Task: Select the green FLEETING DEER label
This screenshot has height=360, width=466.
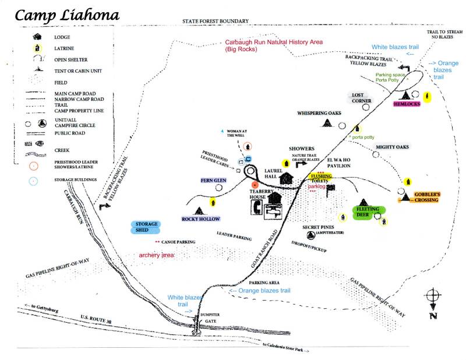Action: click(x=368, y=211)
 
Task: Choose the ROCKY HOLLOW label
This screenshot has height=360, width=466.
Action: click(x=201, y=219)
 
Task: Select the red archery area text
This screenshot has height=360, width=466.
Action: click(x=157, y=255)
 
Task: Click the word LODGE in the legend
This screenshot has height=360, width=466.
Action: click(x=62, y=37)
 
